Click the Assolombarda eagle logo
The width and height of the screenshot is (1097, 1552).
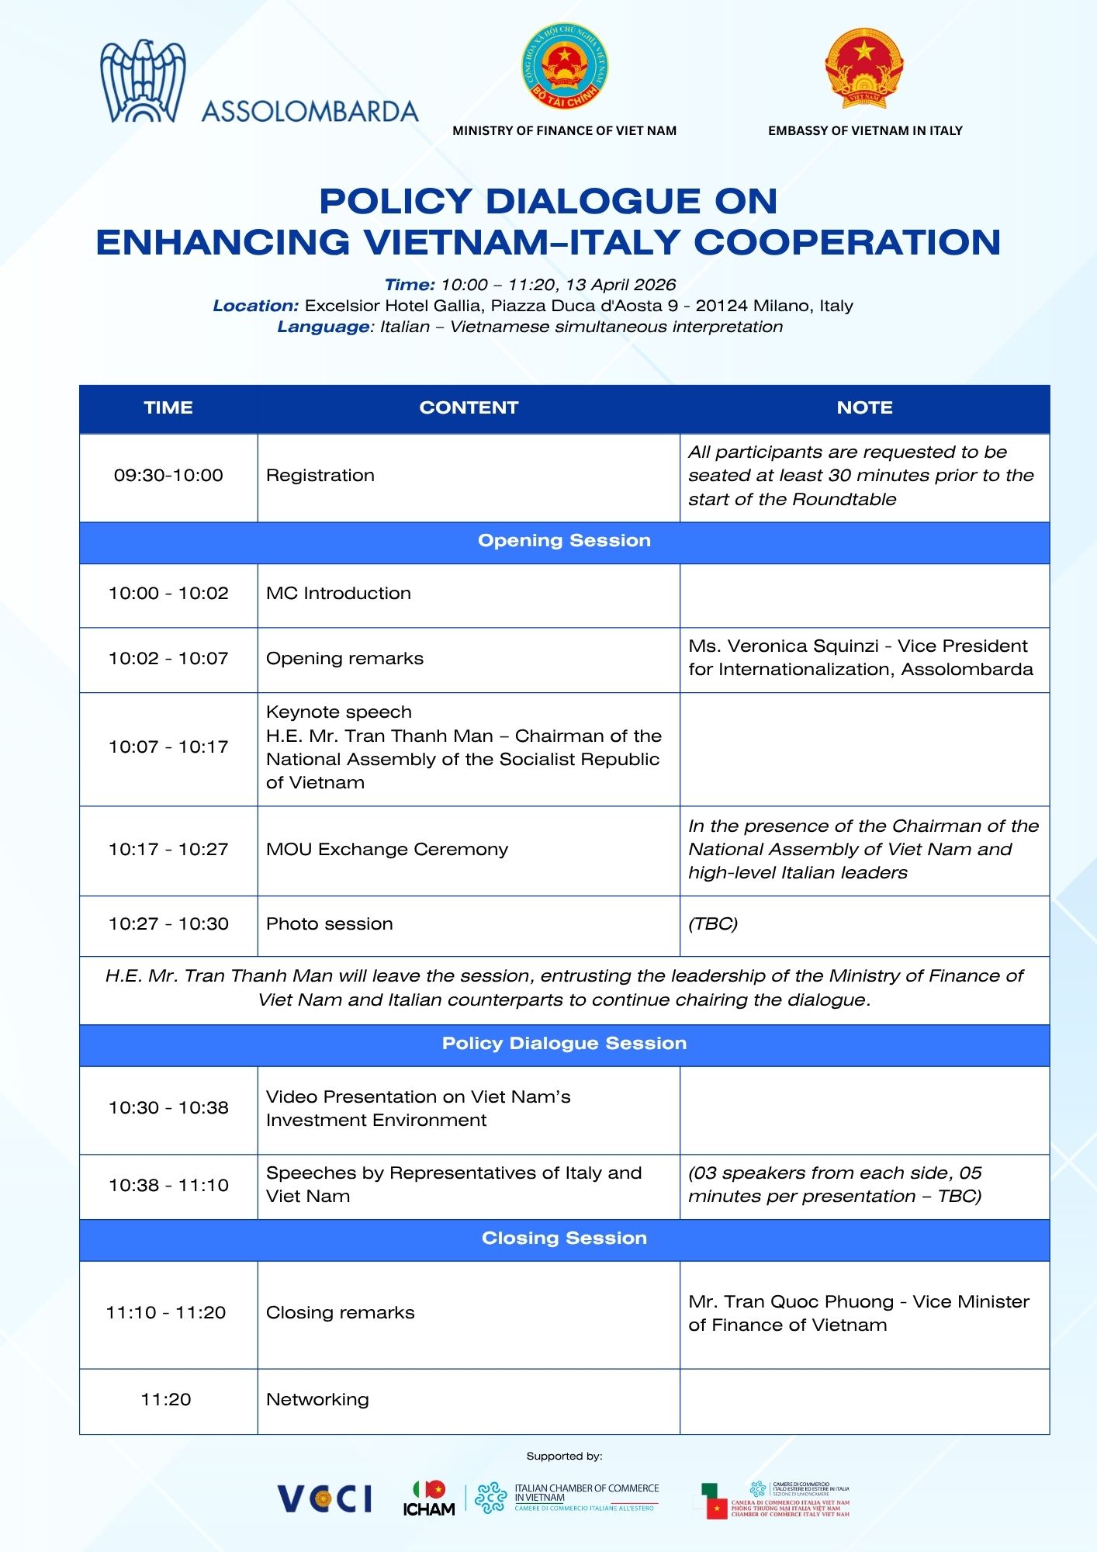coord(142,82)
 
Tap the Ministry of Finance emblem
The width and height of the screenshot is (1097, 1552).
coord(564,66)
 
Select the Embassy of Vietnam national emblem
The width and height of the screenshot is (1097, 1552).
coord(864,68)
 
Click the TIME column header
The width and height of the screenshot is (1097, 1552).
coord(168,408)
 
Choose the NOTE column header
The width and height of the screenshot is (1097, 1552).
coord(864,408)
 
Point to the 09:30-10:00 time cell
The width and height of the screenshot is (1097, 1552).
coord(168,476)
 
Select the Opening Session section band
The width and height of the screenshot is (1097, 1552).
coord(564,541)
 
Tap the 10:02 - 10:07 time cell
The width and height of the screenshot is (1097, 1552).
coord(168,659)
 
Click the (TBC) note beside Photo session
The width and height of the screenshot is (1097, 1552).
coord(713,924)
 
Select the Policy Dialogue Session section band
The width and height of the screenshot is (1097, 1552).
coord(564,1044)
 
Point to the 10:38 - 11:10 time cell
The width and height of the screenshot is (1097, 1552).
coord(168,1186)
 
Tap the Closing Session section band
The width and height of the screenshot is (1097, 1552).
coord(564,1238)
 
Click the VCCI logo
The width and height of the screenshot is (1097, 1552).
coord(325,1498)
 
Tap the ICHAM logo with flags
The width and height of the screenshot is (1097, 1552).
coord(429,1498)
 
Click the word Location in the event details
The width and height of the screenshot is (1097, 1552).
coord(256,307)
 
